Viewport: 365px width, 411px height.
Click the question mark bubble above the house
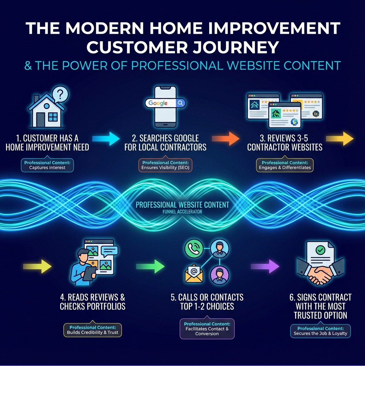click(x=60, y=94)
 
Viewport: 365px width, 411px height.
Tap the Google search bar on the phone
click(x=165, y=103)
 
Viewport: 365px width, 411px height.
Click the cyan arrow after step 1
click(x=106, y=139)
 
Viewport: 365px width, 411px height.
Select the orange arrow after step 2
click(x=226, y=139)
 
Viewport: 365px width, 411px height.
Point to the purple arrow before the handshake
click(x=265, y=266)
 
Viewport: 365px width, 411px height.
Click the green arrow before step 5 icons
click(x=150, y=266)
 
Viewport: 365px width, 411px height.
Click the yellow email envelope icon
click(x=194, y=274)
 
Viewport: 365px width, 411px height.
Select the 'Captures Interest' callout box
click(x=47, y=165)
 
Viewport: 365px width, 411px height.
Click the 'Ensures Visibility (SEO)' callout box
click(x=165, y=165)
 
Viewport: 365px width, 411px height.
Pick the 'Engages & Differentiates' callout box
click(x=284, y=165)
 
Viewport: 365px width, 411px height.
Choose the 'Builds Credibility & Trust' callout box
click(x=93, y=330)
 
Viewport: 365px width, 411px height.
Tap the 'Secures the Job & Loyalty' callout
click(x=320, y=331)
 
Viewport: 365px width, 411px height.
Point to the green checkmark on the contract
click(x=320, y=250)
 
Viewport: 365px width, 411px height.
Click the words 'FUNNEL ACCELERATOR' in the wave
click(x=182, y=212)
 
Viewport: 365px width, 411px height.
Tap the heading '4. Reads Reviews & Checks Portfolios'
click(x=93, y=302)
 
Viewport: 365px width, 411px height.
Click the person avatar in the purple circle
click(x=219, y=275)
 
